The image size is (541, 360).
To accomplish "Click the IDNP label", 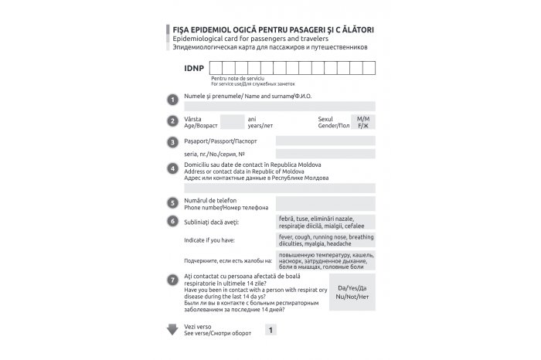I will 193,69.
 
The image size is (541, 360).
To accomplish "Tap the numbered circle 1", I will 172,99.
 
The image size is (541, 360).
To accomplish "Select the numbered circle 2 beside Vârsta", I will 172,121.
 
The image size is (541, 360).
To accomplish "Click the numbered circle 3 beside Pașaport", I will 172,142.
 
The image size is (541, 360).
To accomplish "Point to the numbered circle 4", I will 172,169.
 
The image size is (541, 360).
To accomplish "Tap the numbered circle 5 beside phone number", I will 172,203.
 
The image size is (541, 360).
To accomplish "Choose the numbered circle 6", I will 172,222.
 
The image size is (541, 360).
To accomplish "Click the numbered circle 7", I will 172,278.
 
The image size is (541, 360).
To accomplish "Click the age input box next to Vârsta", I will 231,121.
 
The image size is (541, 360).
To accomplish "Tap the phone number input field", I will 325,203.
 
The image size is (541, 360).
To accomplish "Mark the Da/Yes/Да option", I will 352,287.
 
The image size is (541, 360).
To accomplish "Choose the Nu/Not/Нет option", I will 352,297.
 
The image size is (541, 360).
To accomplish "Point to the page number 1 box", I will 270,330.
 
